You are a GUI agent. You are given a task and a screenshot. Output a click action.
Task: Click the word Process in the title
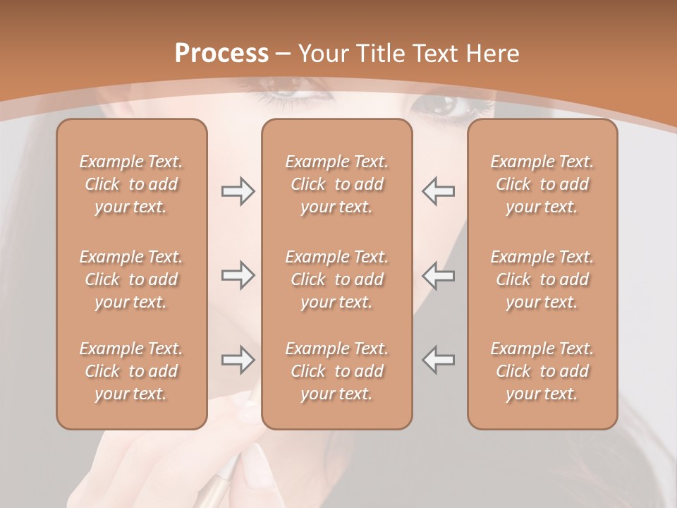point(221,54)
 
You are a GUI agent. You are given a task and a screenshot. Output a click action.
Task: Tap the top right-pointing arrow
point(238,191)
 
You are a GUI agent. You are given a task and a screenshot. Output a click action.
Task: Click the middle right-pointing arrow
point(238,275)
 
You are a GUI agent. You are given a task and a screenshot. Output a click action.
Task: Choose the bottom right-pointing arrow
point(238,360)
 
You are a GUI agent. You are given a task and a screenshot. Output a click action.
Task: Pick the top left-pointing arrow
point(438,191)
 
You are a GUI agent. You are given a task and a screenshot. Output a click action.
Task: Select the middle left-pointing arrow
point(438,275)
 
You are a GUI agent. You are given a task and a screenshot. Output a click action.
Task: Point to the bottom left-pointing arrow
point(438,360)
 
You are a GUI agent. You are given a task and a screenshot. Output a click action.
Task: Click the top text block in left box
point(131,184)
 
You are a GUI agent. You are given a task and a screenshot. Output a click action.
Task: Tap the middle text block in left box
point(131,279)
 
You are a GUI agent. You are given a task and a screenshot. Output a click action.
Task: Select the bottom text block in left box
point(131,371)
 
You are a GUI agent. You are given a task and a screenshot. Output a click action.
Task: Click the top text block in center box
point(336,184)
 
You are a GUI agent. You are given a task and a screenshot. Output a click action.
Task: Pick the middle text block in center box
point(336,279)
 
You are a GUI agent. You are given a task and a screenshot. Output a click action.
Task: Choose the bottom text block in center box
point(336,371)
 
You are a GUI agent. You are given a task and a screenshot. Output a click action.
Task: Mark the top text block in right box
point(542,184)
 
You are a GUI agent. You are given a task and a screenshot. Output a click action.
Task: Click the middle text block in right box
point(542,279)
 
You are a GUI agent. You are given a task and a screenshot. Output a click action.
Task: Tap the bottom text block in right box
point(542,371)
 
